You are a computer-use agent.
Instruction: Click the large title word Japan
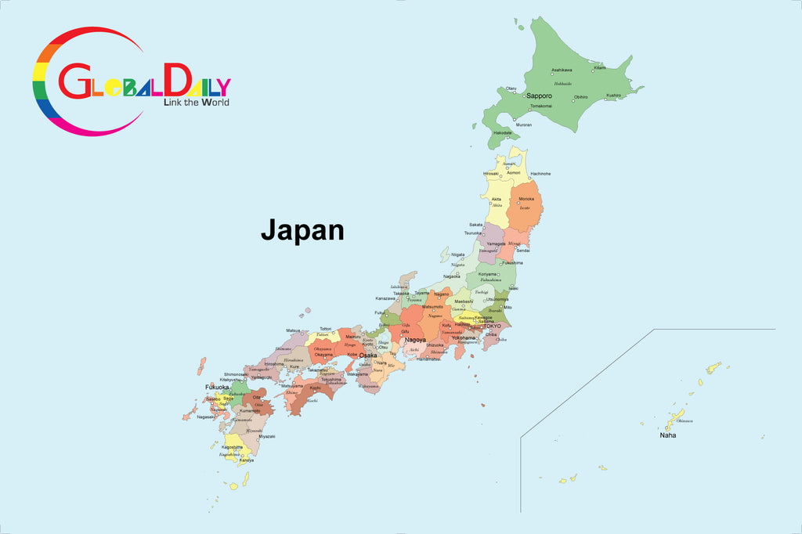[x=302, y=230]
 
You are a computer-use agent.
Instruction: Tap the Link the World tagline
[x=196, y=102]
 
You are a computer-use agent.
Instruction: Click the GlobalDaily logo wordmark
[x=145, y=81]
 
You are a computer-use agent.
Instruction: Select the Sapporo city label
[x=539, y=96]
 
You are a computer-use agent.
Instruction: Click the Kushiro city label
[x=613, y=96]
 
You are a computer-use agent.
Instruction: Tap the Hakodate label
[x=503, y=133]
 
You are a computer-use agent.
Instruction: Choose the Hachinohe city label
[x=540, y=173]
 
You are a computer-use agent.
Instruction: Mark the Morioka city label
[x=526, y=199]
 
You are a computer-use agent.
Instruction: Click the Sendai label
[x=522, y=251]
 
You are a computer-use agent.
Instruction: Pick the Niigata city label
[x=457, y=254]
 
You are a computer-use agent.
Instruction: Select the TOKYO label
[x=492, y=326]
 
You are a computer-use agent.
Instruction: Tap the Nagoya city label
[x=415, y=340]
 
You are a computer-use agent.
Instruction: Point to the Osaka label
[x=367, y=355]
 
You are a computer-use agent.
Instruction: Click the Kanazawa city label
[x=385, y=298]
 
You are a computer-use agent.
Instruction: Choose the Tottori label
[x=326, y=329]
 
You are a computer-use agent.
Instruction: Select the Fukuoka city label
[x=217, y=387]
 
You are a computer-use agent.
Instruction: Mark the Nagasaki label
[x=205, y=417]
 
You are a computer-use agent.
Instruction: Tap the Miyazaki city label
[x=267, y=436]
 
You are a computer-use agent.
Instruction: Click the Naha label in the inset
[x=667, y=435]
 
